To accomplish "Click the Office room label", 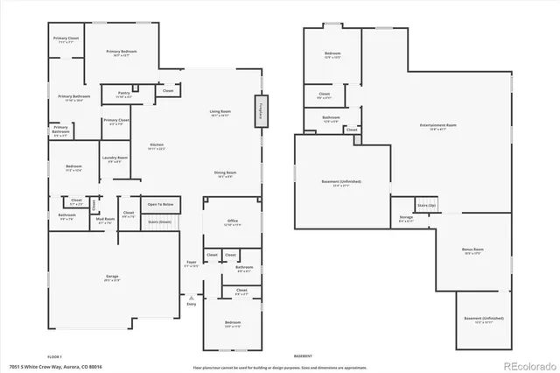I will [x=232, y=222].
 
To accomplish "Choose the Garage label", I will [x=112, y=277].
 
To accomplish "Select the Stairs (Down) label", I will [x=158, y=222].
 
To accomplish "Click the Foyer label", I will [x=191, y=264].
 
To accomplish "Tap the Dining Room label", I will [x=225, y=174].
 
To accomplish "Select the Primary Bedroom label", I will [x=122, y=53].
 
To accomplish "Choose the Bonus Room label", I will [x=472, y=251].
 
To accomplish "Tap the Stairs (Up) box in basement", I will [x=426, y=205].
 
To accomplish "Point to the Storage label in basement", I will [x=406, y=218].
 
